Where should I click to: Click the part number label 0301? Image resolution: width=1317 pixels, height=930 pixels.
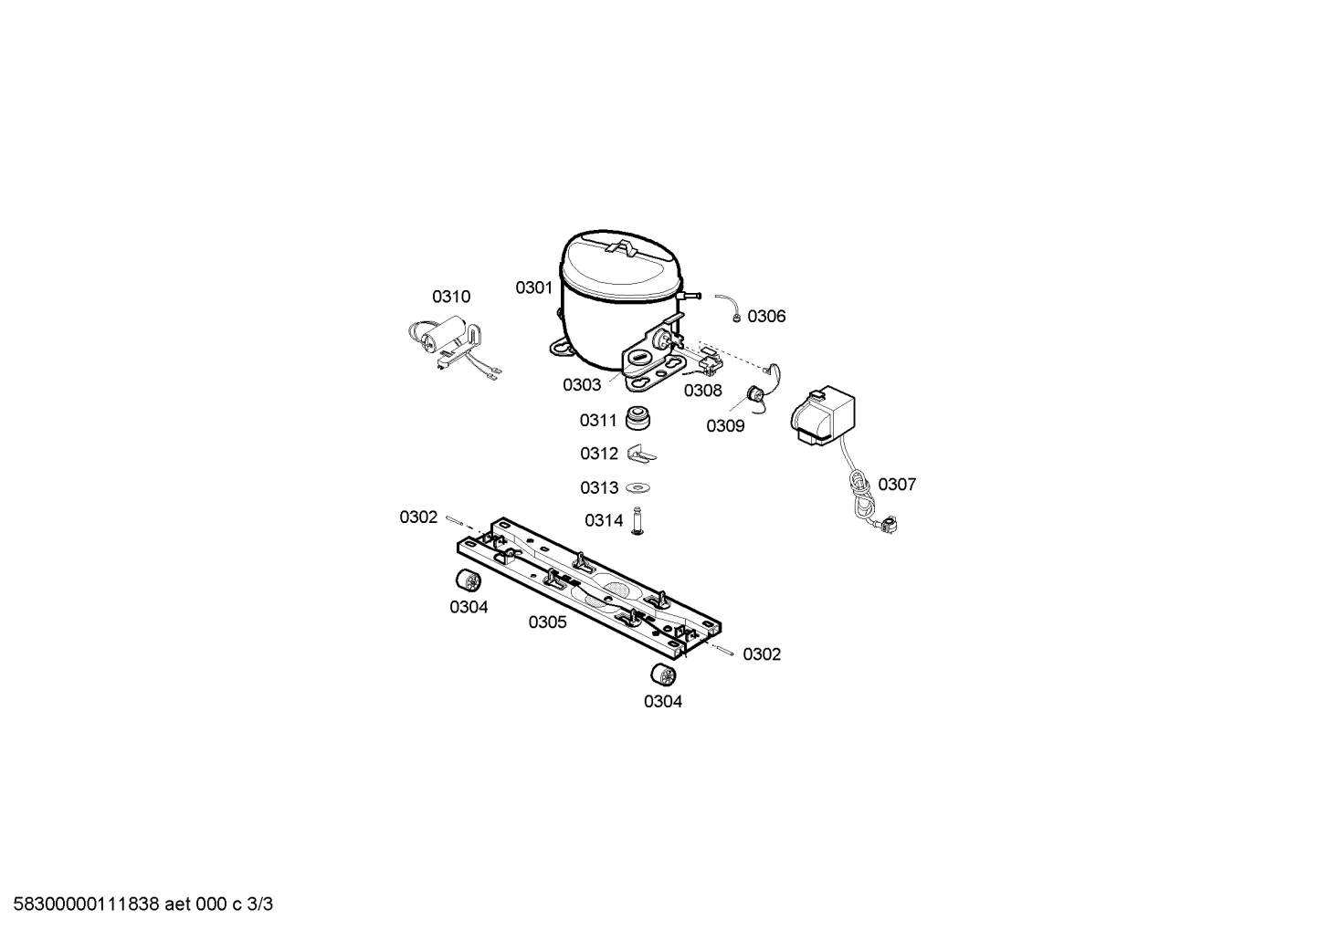pos(534,287)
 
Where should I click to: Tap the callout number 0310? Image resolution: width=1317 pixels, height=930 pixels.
pos(451,297)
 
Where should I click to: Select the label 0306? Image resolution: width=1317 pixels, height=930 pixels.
pos(766,317)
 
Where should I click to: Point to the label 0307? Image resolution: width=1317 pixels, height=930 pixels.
pos(897,485)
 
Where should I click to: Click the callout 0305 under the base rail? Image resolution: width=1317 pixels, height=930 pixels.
pos(547,622)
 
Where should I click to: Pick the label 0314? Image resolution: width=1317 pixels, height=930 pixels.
pos(604,520)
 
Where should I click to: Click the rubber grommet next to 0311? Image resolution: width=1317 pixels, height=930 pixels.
pos(637,418)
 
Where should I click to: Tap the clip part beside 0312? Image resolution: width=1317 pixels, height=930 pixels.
pos(641,455)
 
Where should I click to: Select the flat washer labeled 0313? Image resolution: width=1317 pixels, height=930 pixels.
pos(637,487)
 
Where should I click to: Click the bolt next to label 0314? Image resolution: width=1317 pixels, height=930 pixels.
pos(637,521)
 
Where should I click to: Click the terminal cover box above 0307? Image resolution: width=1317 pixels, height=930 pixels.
pos(823,415)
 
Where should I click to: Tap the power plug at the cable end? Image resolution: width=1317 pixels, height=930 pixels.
pos(888,525)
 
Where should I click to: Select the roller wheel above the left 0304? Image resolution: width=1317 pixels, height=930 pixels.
pos(469,580)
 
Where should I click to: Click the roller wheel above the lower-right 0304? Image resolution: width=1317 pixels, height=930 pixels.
pos(663,675)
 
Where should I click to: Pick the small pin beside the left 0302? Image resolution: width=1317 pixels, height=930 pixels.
pos(455,520)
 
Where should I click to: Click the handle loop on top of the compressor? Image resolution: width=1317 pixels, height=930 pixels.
pos(621,248)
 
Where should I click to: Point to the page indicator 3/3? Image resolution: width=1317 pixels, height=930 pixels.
pos(260,904)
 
